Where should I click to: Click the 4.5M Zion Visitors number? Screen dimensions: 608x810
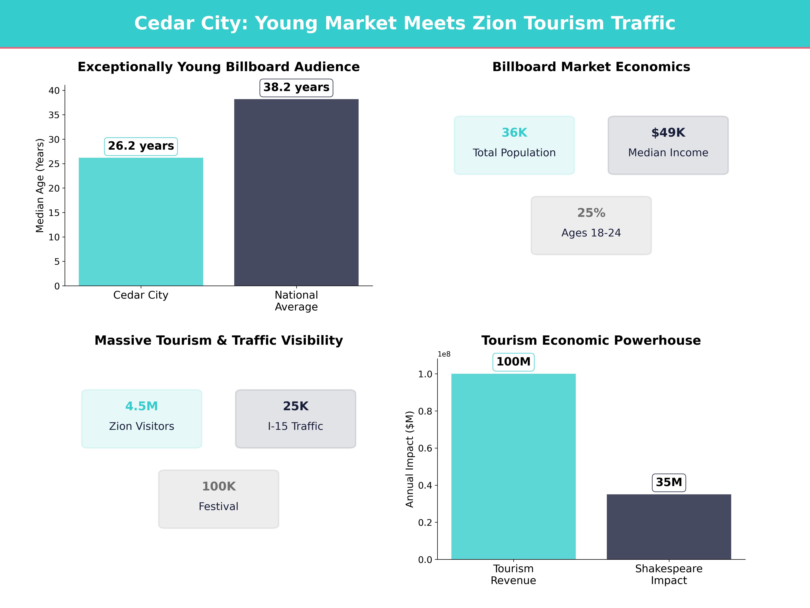tap(141, 406)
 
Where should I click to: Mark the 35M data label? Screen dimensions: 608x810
tap(669, 482)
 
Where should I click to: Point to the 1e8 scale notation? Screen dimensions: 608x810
tap(444, 354)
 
